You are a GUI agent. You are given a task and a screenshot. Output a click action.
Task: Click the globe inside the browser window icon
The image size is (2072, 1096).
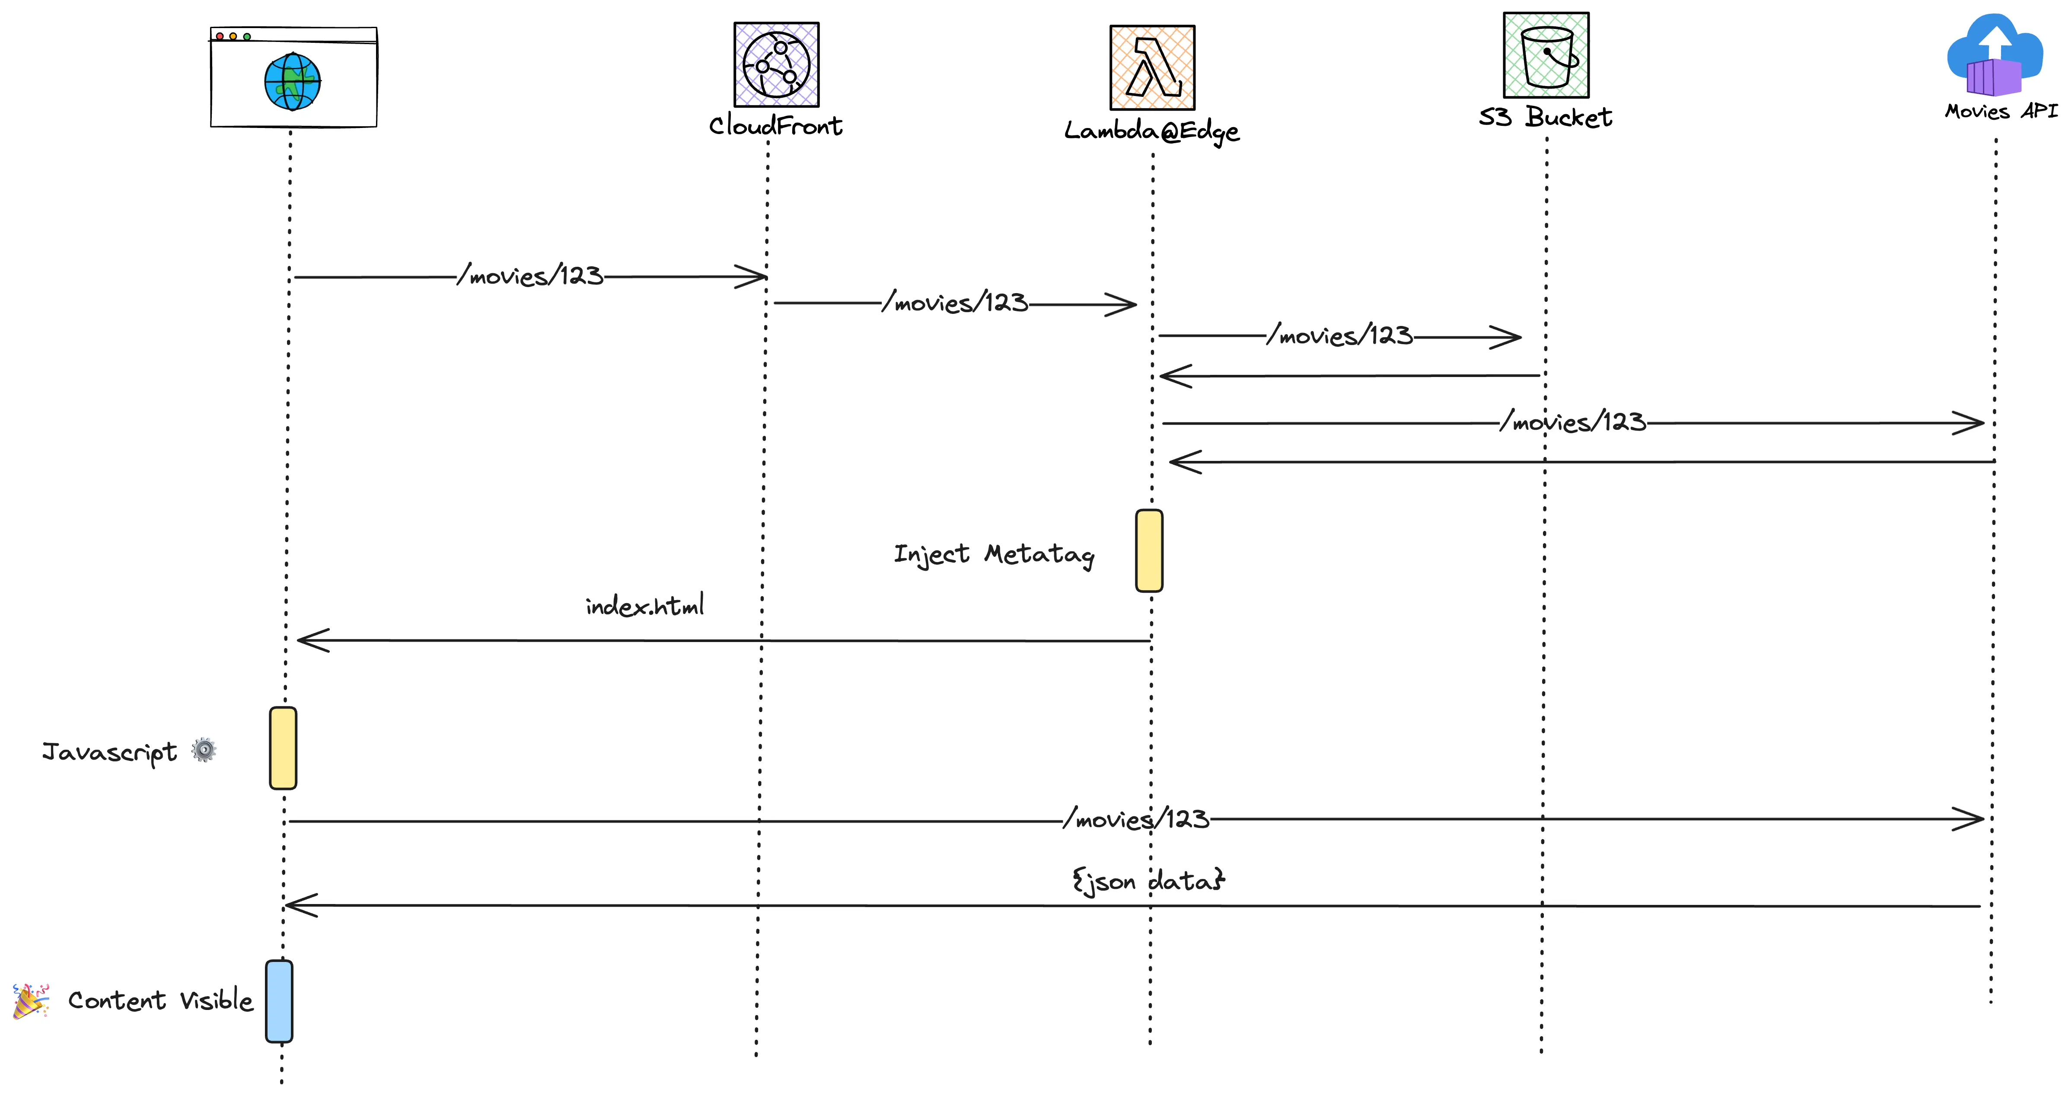click(x=293, y=81)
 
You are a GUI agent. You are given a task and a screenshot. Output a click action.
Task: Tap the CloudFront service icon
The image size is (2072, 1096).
click(x=776, y=64)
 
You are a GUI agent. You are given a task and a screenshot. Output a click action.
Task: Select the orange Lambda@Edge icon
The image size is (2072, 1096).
click(x=1152, y=67)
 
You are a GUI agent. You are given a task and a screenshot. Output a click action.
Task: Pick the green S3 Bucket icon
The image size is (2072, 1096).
click(x=1546, y=55)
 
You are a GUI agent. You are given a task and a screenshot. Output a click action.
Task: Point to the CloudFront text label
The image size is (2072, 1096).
click(x=775, y=125)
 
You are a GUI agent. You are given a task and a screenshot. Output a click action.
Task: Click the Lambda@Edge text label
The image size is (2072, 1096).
click(x=1152, y=131)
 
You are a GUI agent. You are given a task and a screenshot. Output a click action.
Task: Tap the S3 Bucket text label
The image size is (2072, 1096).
click(x=1545, y=118)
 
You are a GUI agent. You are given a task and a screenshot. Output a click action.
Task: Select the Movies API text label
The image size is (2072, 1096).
click(x=2000, y=111)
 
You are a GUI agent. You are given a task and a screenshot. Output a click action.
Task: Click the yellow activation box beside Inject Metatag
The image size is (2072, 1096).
click(x=1149, y=550)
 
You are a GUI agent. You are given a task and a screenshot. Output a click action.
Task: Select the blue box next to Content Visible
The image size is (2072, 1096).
click(x=279, y=1001)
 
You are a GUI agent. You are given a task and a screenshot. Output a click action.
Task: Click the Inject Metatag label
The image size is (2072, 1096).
click(x=994, y=554)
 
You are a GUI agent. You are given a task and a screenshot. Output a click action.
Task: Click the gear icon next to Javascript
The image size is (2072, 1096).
click(x=204, y=750)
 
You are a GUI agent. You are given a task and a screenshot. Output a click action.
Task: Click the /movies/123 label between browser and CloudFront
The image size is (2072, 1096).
click(x=530, y=276)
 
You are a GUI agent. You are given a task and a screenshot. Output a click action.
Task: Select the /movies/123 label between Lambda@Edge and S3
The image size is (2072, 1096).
click(x=1339, y=336)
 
